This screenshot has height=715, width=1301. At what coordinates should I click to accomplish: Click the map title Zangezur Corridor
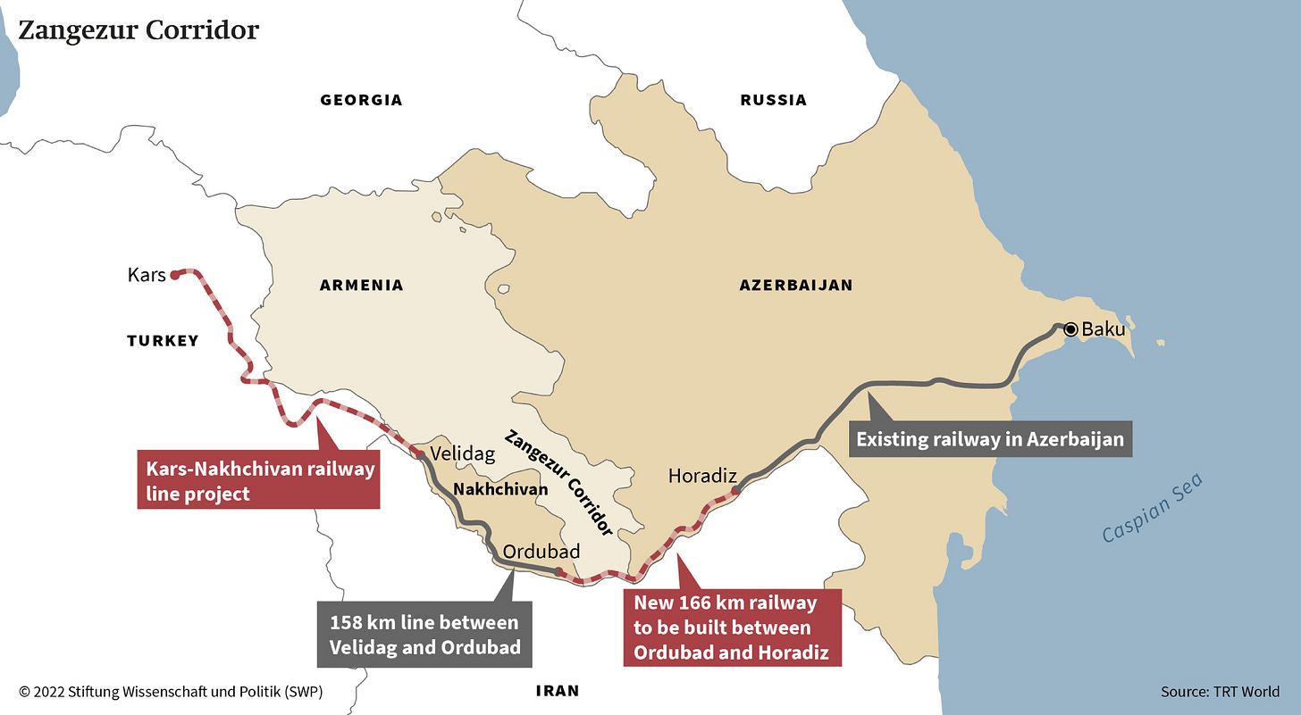click(138, 30)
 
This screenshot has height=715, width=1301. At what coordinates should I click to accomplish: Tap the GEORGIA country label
click(361, 100)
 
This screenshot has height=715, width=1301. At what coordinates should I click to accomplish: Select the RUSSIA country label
click(773, 100)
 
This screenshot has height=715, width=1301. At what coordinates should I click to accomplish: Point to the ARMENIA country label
click(361, 286)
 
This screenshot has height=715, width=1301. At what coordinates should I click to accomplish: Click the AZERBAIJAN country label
click(795, 286)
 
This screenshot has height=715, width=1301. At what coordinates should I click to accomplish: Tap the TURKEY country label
click(163, 341)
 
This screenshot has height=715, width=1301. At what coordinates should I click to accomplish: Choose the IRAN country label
click(558, 690)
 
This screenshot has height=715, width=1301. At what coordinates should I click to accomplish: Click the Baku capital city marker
click(1070, 329)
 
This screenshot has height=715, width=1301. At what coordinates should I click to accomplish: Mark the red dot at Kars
click(175, 275)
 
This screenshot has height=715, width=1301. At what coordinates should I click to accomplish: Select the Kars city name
click(147, 275)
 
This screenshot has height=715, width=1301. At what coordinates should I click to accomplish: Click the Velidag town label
click(462, 453)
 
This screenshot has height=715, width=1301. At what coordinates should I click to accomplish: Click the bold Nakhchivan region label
click(500, 489)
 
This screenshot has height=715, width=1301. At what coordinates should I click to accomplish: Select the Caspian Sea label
click(1152, 508)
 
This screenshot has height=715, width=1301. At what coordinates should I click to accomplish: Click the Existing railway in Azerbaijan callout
click(989, 439)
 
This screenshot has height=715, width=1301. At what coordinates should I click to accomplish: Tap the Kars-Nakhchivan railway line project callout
click(258, 481)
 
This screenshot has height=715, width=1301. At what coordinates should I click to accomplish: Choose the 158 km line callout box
click(424, 634)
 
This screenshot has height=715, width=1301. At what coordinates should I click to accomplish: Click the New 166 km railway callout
click(732, 628)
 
